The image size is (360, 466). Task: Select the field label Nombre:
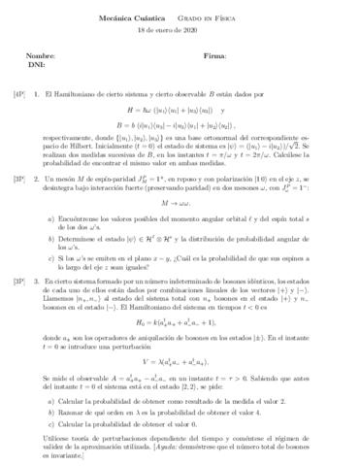[43, 55]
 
